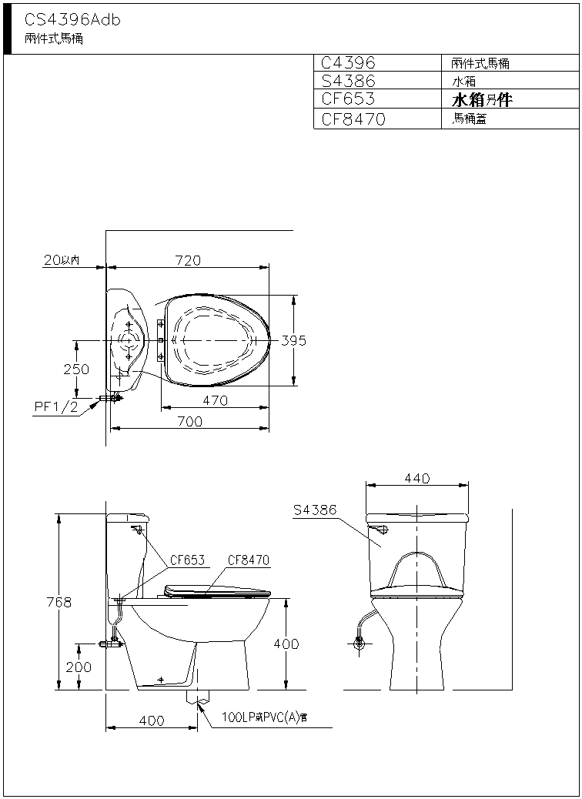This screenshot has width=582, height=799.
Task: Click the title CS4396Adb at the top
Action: pos(72,20)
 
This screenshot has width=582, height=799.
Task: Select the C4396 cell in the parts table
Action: pos(348,62)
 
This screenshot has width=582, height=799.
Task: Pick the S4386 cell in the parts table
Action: pos(348,81)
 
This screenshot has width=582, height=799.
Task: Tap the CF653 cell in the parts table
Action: pos(347,99)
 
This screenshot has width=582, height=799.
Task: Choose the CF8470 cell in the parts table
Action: pos(353,119)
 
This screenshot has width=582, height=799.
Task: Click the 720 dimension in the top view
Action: pos(188,260)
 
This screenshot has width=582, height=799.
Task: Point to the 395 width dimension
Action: pos(294,340)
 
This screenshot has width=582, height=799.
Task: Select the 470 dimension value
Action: pos(215,400)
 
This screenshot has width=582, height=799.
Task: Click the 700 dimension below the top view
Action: pos(189,421)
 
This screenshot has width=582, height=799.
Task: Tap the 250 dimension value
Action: pos(76,369)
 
